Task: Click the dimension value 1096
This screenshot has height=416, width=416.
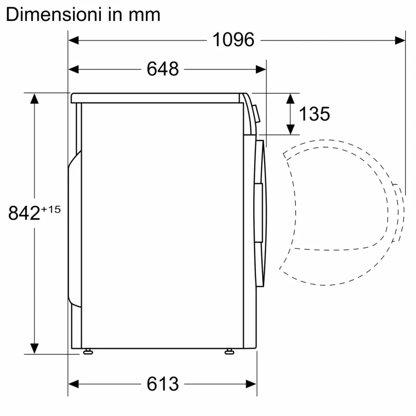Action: click(x=233, y=40)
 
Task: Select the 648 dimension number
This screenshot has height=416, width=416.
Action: click(x=162, y=69)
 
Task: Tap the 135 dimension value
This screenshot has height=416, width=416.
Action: click(x=314, y=114)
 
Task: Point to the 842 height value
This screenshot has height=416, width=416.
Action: click(x=24, y=213)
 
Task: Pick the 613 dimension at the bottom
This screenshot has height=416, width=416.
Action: click(x=162, y=384)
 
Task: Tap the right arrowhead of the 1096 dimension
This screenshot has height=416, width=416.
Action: click(x=400, y=40)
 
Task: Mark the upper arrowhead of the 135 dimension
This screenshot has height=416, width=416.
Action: click(x=291, y=98)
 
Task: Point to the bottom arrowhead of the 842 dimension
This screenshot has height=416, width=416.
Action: click(x=34, y=348)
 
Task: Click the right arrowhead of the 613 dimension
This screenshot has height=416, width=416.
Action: click(x=251, y=384)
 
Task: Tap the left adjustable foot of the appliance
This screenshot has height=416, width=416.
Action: click(x=88, y=352)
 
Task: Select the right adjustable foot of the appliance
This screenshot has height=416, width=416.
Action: click(x=229, y=352)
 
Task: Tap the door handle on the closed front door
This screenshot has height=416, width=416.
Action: click(x=258, y=212)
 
